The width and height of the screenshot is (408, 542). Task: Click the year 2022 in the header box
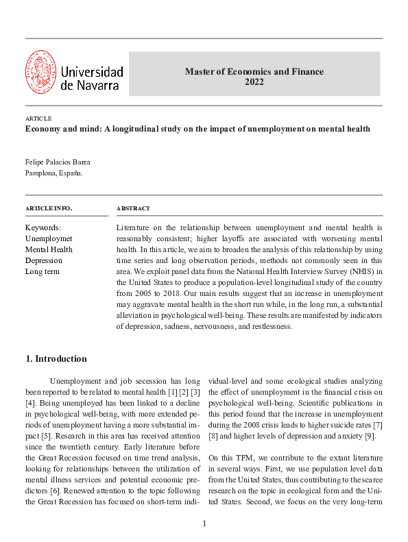coord(254,82)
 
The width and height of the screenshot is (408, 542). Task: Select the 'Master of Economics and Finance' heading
coord(254,71)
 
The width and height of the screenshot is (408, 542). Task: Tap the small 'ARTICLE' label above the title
coord(38,119)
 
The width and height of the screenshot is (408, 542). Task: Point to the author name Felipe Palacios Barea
coord(57,162)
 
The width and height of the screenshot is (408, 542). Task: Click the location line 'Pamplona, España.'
coord(53,173)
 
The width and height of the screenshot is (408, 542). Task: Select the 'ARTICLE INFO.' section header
coord(48,208)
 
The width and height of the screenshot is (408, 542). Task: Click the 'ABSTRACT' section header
coord(133,208)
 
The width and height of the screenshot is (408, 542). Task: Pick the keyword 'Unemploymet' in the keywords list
coord(49,238)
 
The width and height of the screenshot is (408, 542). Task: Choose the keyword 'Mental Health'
coord(49,249)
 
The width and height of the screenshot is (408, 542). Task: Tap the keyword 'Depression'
coord(44,260)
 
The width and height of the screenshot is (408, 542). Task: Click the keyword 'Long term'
coord(43,271)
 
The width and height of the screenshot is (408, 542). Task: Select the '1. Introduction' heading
coord(56,358)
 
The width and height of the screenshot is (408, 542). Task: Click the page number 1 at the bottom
coord(204,524)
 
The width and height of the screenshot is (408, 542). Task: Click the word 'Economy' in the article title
coord(43,129)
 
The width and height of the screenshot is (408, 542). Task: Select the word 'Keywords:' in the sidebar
coord(43,227)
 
